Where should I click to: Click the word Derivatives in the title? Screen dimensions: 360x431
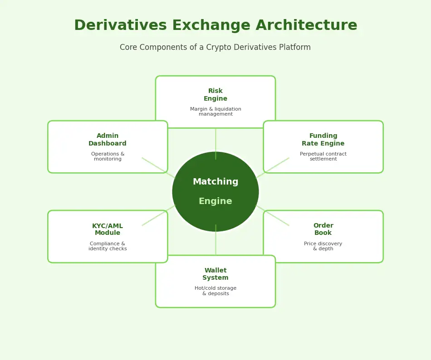(x=116, y=26)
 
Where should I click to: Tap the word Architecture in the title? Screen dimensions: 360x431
(x=306, y=26)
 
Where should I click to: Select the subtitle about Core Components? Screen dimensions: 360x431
(x=215, y=48)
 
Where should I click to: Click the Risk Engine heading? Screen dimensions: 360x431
(x=215, y=95)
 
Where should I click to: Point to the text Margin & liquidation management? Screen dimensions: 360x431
(x=215, y=112)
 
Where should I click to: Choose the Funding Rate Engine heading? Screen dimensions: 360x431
(x=323, y=140)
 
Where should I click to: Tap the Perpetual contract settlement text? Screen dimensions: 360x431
(x=323, y=156)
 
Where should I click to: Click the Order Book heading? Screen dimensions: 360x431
(x=323, y=229)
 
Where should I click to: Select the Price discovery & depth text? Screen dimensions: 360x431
(x=323, y=246)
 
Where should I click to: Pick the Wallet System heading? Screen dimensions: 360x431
(x=215, y=274)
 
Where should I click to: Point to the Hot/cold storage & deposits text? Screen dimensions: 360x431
(x=215, y=291)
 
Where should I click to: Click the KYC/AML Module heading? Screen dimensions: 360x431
(x=108, y=229)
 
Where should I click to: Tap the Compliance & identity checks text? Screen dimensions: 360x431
(x=108, y=246)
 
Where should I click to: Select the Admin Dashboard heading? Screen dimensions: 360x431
(x=108, y=140)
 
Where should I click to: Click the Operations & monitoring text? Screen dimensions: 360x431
(x=108, y=156)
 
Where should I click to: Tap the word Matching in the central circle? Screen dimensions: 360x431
(x=215, y=182)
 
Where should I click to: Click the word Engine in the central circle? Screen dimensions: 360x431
(x=215, y=201)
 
